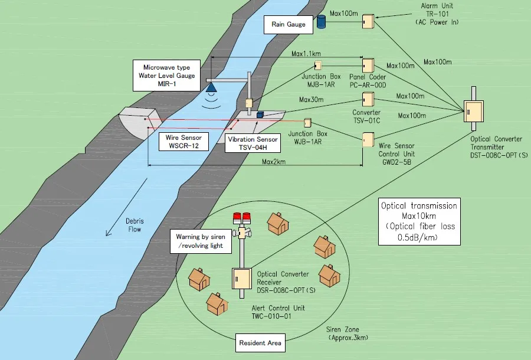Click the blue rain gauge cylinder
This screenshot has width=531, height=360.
(x=322, y=22)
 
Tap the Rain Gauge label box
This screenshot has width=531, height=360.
(x=288, y=25)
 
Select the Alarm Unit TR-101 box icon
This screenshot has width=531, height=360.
(x=368, y=21)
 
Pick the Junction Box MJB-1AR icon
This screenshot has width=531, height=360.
(x=318, y=66)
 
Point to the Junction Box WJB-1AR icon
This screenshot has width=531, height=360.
(x=307, y=123)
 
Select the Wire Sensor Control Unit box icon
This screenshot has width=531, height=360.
(x=368, y=139)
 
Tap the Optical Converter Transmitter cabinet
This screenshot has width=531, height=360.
(x=471, y=113)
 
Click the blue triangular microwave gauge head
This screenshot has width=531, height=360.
(x=211, y=88)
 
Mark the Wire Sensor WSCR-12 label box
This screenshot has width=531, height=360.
(x=183, y=141)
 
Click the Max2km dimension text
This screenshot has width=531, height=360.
(x=274, y=162)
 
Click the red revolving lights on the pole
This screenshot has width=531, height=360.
(x=242, y=217)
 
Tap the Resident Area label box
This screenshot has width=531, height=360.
(x=260, y=342)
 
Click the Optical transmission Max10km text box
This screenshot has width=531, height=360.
(x=419, y=222)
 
